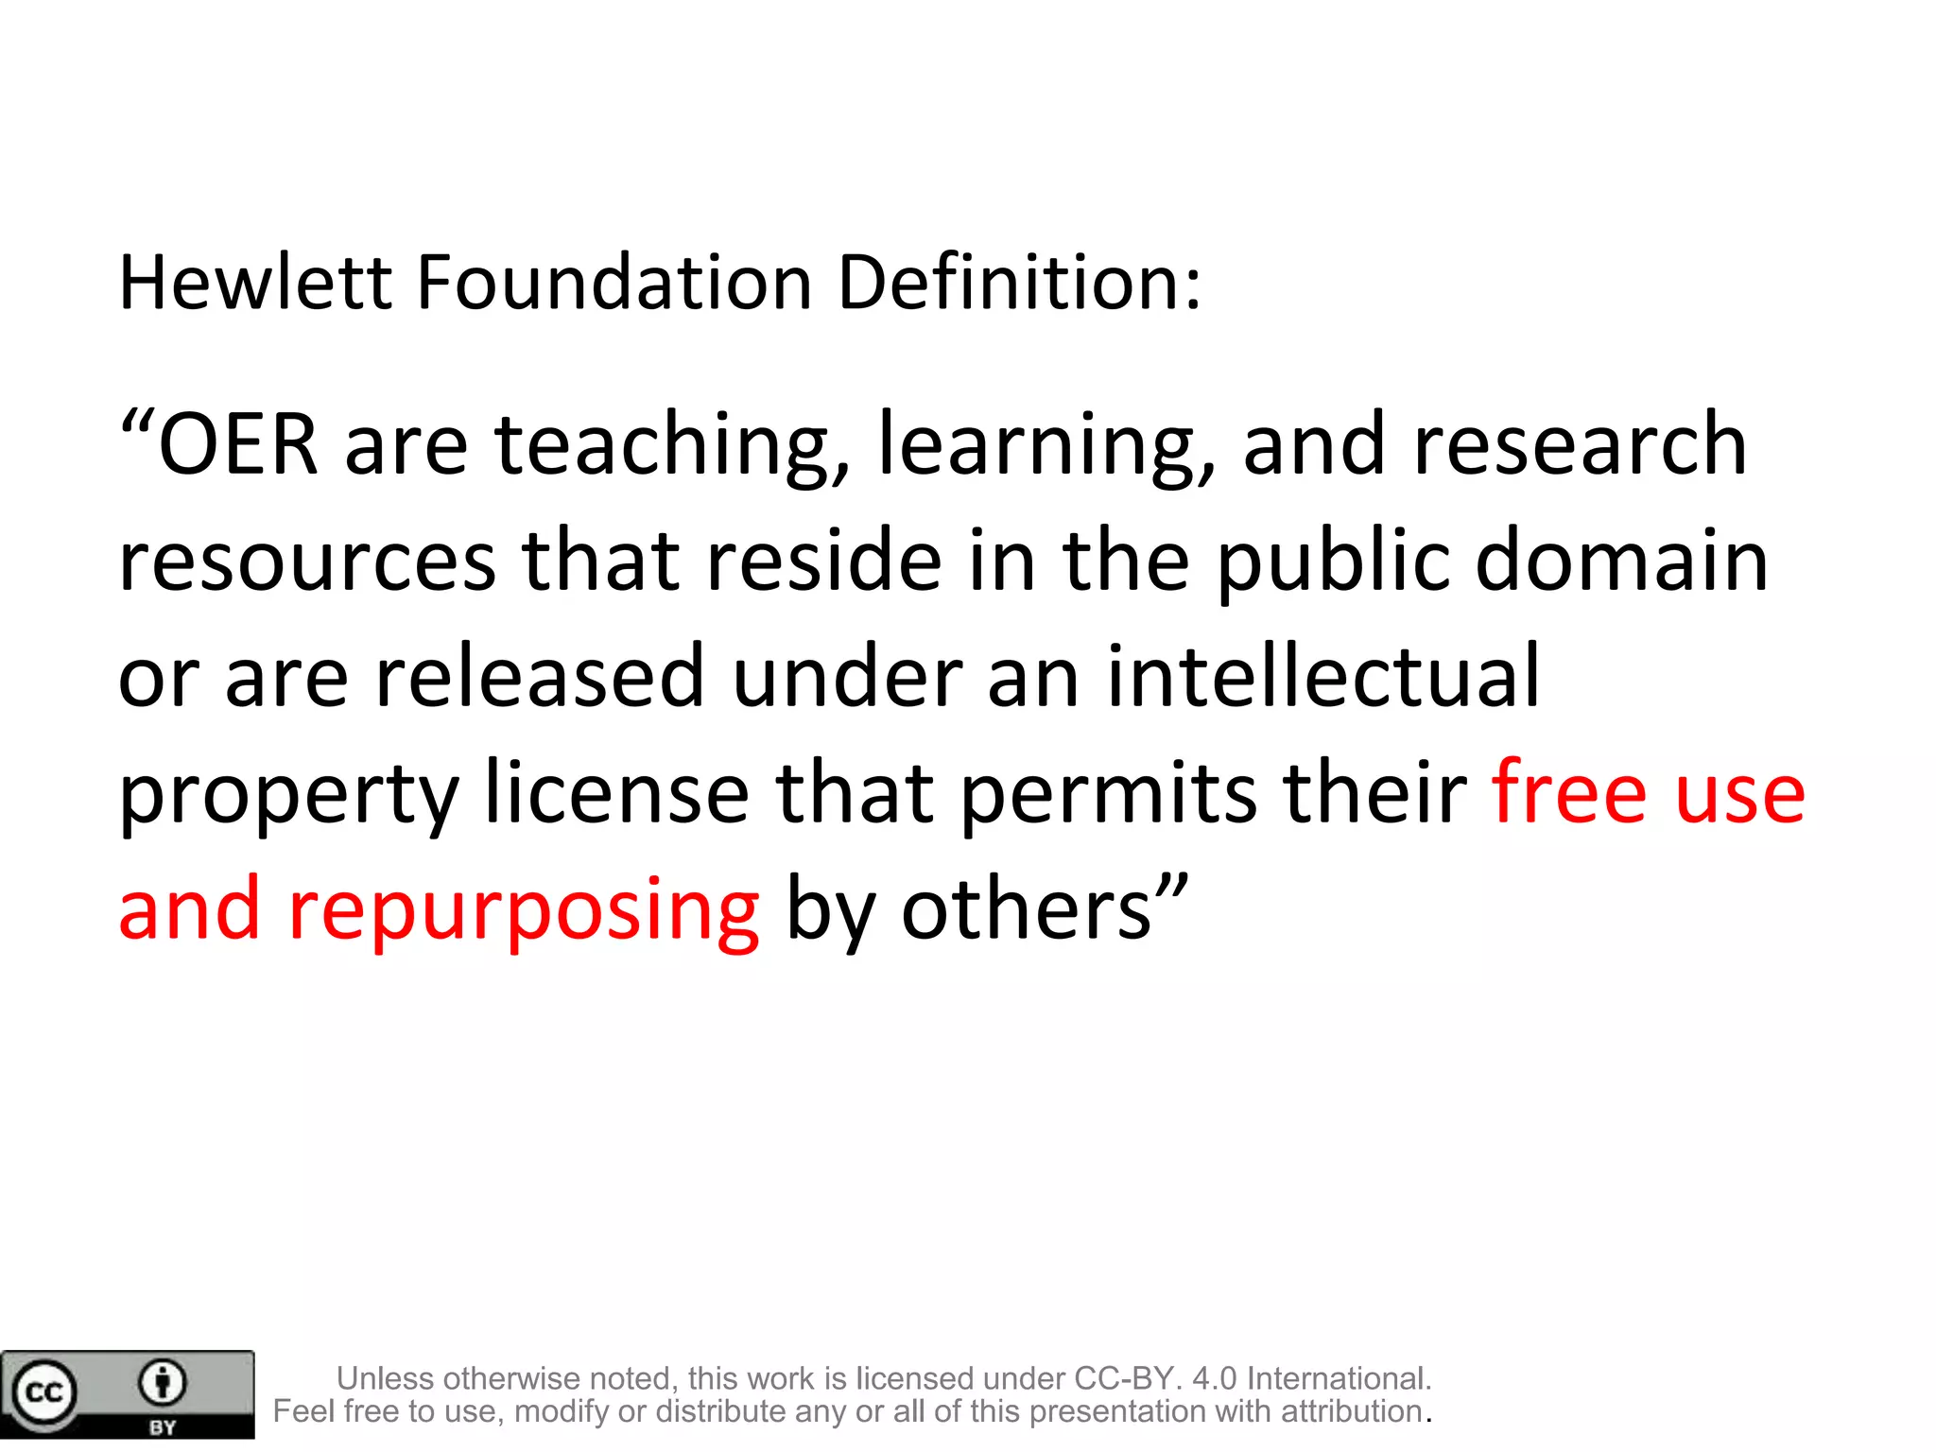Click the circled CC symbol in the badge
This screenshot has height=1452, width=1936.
[x=43, y=1392]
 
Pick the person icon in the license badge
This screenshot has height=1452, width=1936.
[x=163, y=1383]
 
